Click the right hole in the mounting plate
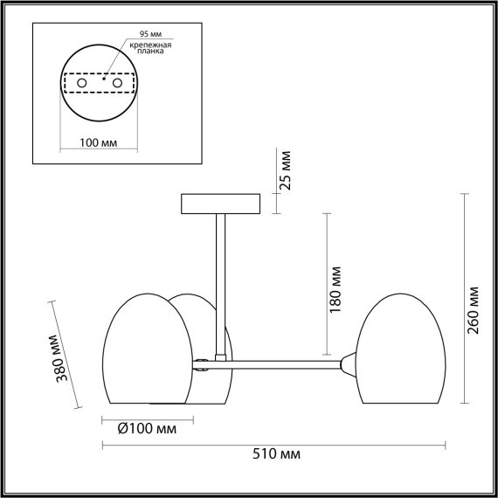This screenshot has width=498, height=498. click(114, 82)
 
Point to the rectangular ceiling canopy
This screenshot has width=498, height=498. click(220, 204)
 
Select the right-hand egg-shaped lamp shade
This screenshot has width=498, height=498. click(398, 349)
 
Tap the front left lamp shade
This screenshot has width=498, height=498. click(149, 349)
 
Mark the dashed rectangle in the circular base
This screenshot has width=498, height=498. click(97, 83)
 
